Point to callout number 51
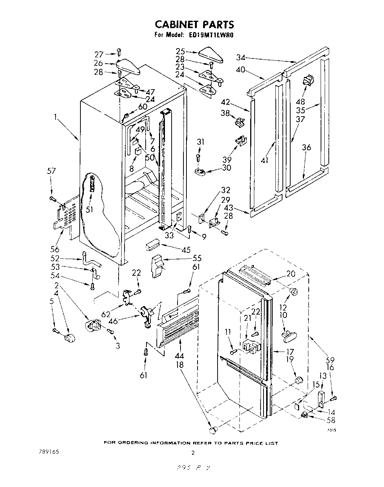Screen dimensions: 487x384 [89, 209]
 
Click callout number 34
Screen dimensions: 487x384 [241, 57]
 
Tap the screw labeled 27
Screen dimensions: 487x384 [119, 51]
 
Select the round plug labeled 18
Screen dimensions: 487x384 [212, 430]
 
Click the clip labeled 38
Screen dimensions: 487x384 [241, 121]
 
